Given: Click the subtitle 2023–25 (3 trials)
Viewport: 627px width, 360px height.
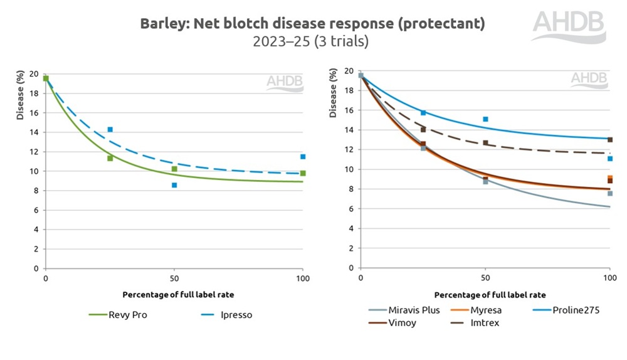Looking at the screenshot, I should coord(310,42).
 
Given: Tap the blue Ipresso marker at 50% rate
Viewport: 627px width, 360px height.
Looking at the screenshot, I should coord(174,185).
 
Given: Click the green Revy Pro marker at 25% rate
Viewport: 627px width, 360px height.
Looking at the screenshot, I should coord(110,158).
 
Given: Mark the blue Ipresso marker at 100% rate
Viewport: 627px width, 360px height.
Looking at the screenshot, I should coord(303,157).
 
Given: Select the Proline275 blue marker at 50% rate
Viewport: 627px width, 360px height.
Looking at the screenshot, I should coord(485,119).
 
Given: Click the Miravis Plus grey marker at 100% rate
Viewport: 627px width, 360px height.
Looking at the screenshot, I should coord(609,194).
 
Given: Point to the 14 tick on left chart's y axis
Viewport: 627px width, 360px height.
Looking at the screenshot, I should coord(35,132).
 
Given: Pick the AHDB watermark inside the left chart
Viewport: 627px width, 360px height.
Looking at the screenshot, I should coord(285,82).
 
